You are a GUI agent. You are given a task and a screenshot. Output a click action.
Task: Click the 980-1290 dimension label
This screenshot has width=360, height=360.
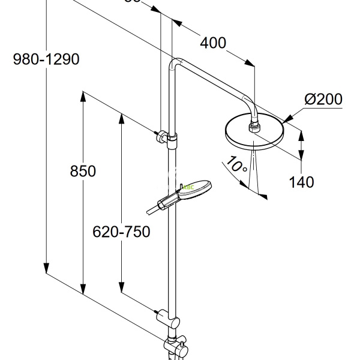tap(46, 59)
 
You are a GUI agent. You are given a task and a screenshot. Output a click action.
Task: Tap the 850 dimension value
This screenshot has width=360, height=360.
tap(83, 172)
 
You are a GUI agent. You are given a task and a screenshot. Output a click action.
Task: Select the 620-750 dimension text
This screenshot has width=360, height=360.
tap(121, 232)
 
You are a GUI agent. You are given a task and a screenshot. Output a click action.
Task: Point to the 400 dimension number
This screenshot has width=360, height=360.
tap(213, 43)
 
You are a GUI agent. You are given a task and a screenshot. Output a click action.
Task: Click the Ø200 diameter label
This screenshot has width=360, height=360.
tap(323, 100)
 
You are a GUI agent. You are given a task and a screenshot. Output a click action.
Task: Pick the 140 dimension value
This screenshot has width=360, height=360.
tap(301, 182)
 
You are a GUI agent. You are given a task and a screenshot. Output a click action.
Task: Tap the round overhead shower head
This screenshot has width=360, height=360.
tap(255, 133)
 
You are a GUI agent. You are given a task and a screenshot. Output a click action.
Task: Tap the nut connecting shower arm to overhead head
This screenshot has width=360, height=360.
tap(254, 125)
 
